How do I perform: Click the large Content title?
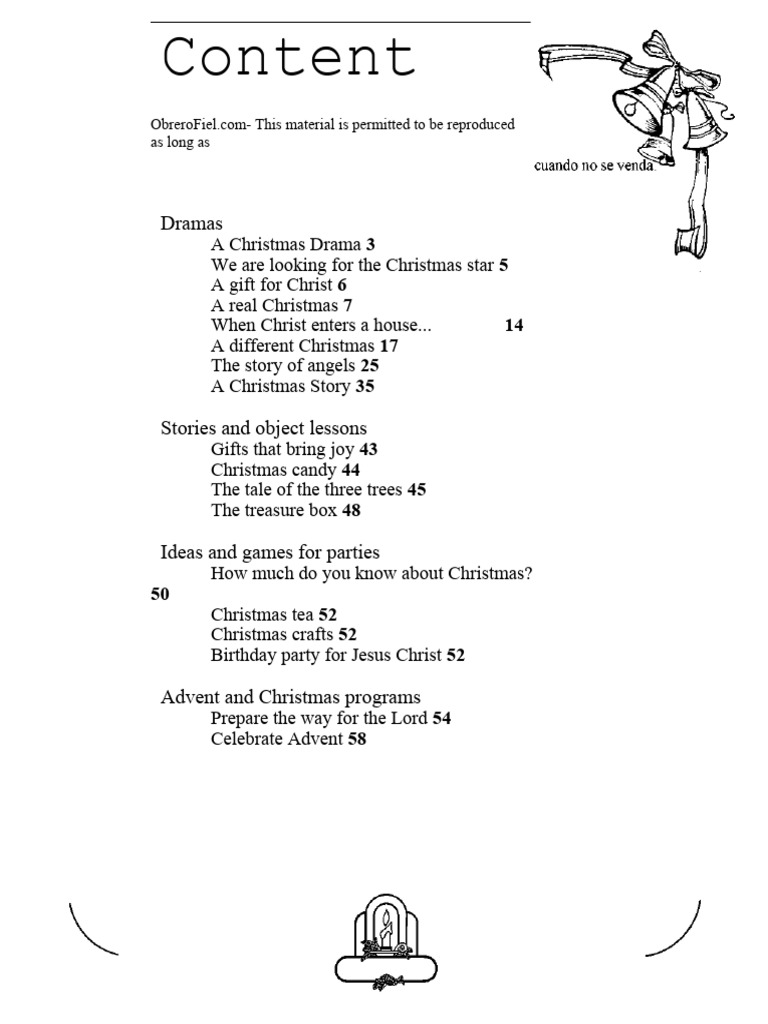click(x=289, y=58)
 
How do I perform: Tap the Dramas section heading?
click(x=191, y=223)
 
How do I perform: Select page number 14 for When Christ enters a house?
click(x=514, y=326)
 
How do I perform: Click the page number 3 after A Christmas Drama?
click(x=370, y=244)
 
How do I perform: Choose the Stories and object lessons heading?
click(x=264, y=428)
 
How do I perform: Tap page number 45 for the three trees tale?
click(x=417, y=490)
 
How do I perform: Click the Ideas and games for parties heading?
click(x=270, y=552)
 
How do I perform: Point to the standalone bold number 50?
click(x=160, y=594)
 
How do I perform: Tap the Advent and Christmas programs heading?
click(x=290, y=697)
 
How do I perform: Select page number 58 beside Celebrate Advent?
click(x=357, y=739)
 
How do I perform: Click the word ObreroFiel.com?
click(x=193, y=124)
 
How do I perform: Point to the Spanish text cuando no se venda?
click(x=594, y=166)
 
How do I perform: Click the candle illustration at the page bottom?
click(x=385, y=940)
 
